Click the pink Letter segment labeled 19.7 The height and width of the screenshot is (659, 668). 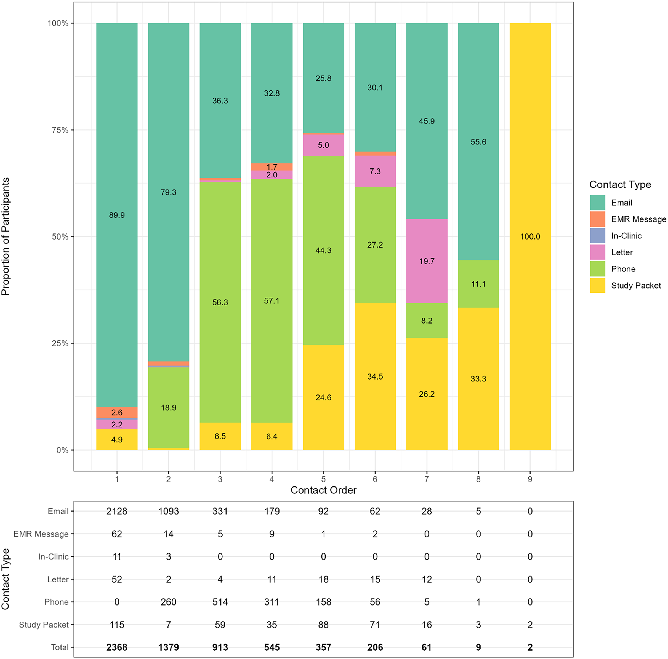426,261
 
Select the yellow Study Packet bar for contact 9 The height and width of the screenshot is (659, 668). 530,236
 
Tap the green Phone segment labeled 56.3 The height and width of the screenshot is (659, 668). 220,302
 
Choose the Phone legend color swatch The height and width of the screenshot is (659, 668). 597,269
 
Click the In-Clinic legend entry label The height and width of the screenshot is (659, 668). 626,236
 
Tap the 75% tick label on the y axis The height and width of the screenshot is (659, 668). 60,130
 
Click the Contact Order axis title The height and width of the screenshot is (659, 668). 323,490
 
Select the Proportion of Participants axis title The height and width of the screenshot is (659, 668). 6,236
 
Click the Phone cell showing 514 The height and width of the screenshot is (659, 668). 220,602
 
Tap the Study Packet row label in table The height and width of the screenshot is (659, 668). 44,625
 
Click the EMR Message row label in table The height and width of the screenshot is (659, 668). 41,534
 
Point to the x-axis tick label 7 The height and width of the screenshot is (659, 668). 426,479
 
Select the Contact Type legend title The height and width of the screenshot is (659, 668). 620,185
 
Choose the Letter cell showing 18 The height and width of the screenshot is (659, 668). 323,579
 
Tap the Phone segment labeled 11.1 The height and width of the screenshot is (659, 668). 478,284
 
